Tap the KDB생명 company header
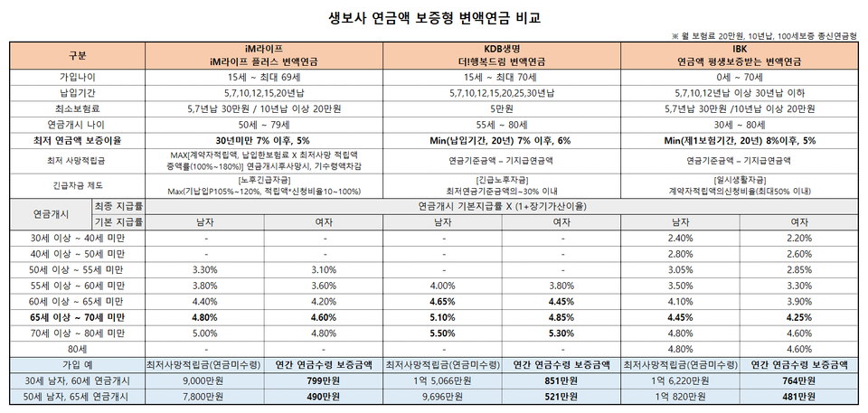click(x=504, y=49)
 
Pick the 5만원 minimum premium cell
click(x=504, y=108)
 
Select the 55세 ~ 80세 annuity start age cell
click(x=504, y=125)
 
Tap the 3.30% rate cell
click(x=205, y=269)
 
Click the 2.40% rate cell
click(x=679, y=238)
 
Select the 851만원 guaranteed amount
click(x=563, y=380)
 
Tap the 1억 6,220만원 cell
click(x=679, y=380)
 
